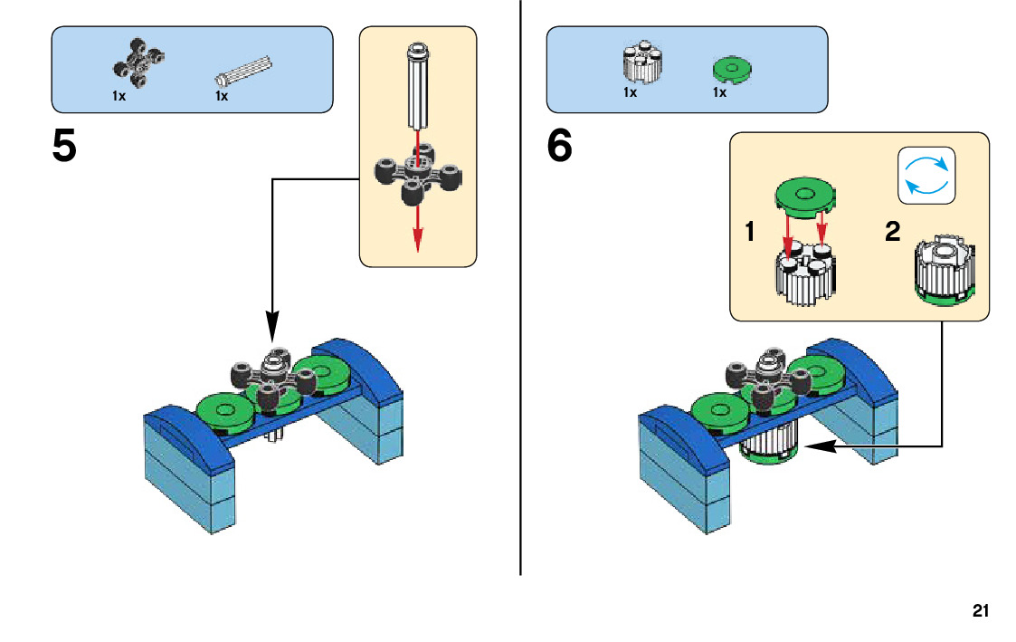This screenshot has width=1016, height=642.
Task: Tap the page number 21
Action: pyautogui.click(x=981, y=610)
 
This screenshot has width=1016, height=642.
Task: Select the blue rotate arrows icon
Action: pyautogui.click(x=926, y=174)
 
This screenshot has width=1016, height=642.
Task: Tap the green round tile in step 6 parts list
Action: pyautogui.click(x=731, y=69)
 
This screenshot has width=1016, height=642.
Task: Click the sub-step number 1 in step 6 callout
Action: pyautogui.click(x=750, y=233)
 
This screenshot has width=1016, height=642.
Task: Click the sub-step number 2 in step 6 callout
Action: pyautogui.click(x=892, y=233)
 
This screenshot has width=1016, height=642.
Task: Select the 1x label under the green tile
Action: pyautogui.click(x=719, y=93)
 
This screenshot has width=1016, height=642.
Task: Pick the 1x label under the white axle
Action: pyautogui.click(x=222, y=95)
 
